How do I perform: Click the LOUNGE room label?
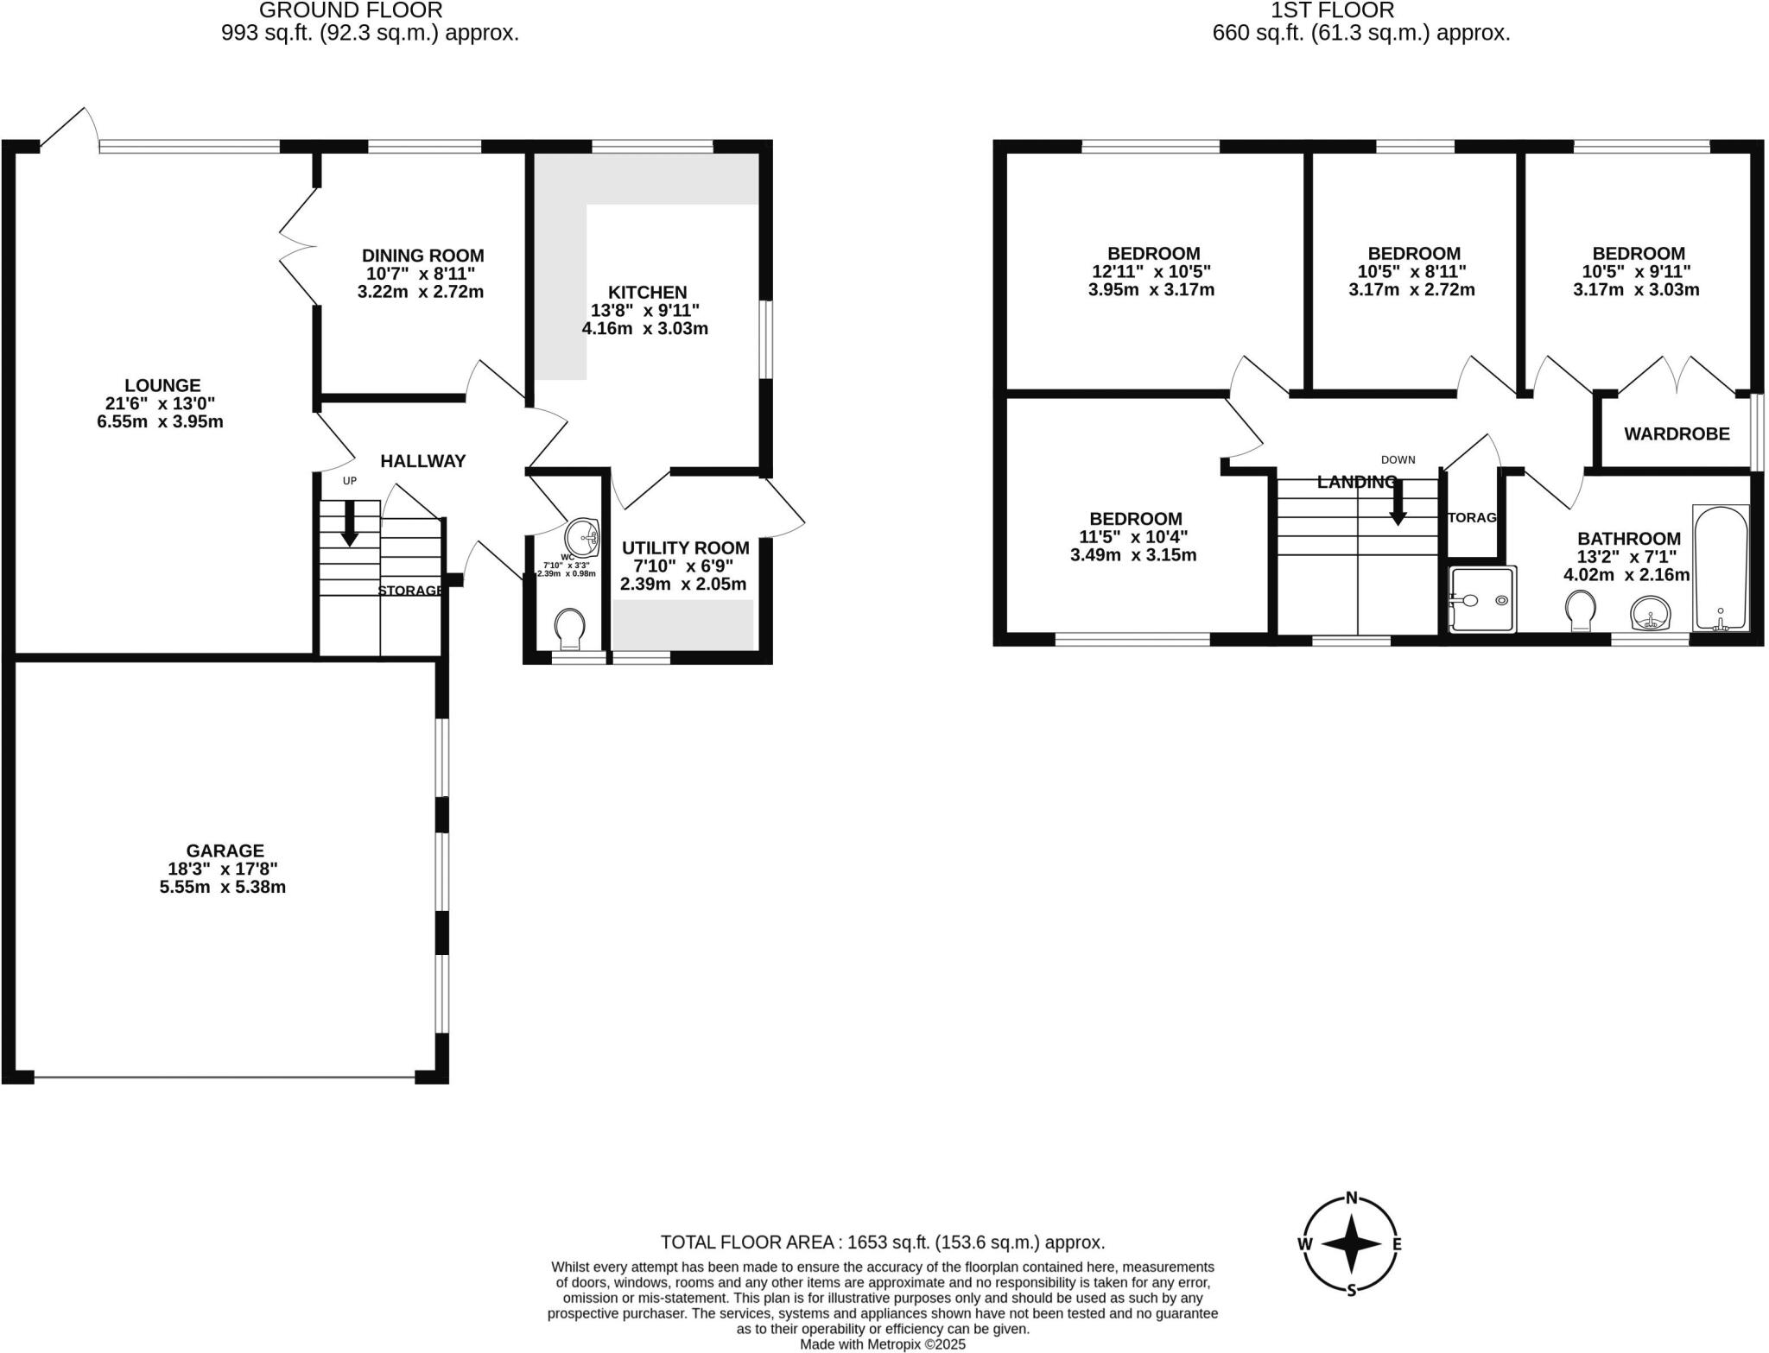coord(162,385)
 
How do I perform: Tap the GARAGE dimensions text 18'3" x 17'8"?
coord(223,869)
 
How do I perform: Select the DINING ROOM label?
coord(422,256)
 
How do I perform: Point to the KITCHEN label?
coord(647,292)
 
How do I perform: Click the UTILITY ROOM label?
coord(685,547)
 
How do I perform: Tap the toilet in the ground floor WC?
coord(569,629)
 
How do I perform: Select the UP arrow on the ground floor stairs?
coord(349,524)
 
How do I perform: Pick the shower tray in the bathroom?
coord(1482,599)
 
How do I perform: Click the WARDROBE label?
coord(1677,433)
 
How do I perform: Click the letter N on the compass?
coord(1352,1198)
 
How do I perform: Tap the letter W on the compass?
coord(1305,1244)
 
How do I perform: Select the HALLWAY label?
coord(423,461)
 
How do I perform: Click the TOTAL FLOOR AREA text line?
coord(883,1242)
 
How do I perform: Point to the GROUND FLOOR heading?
coord(351,10)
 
